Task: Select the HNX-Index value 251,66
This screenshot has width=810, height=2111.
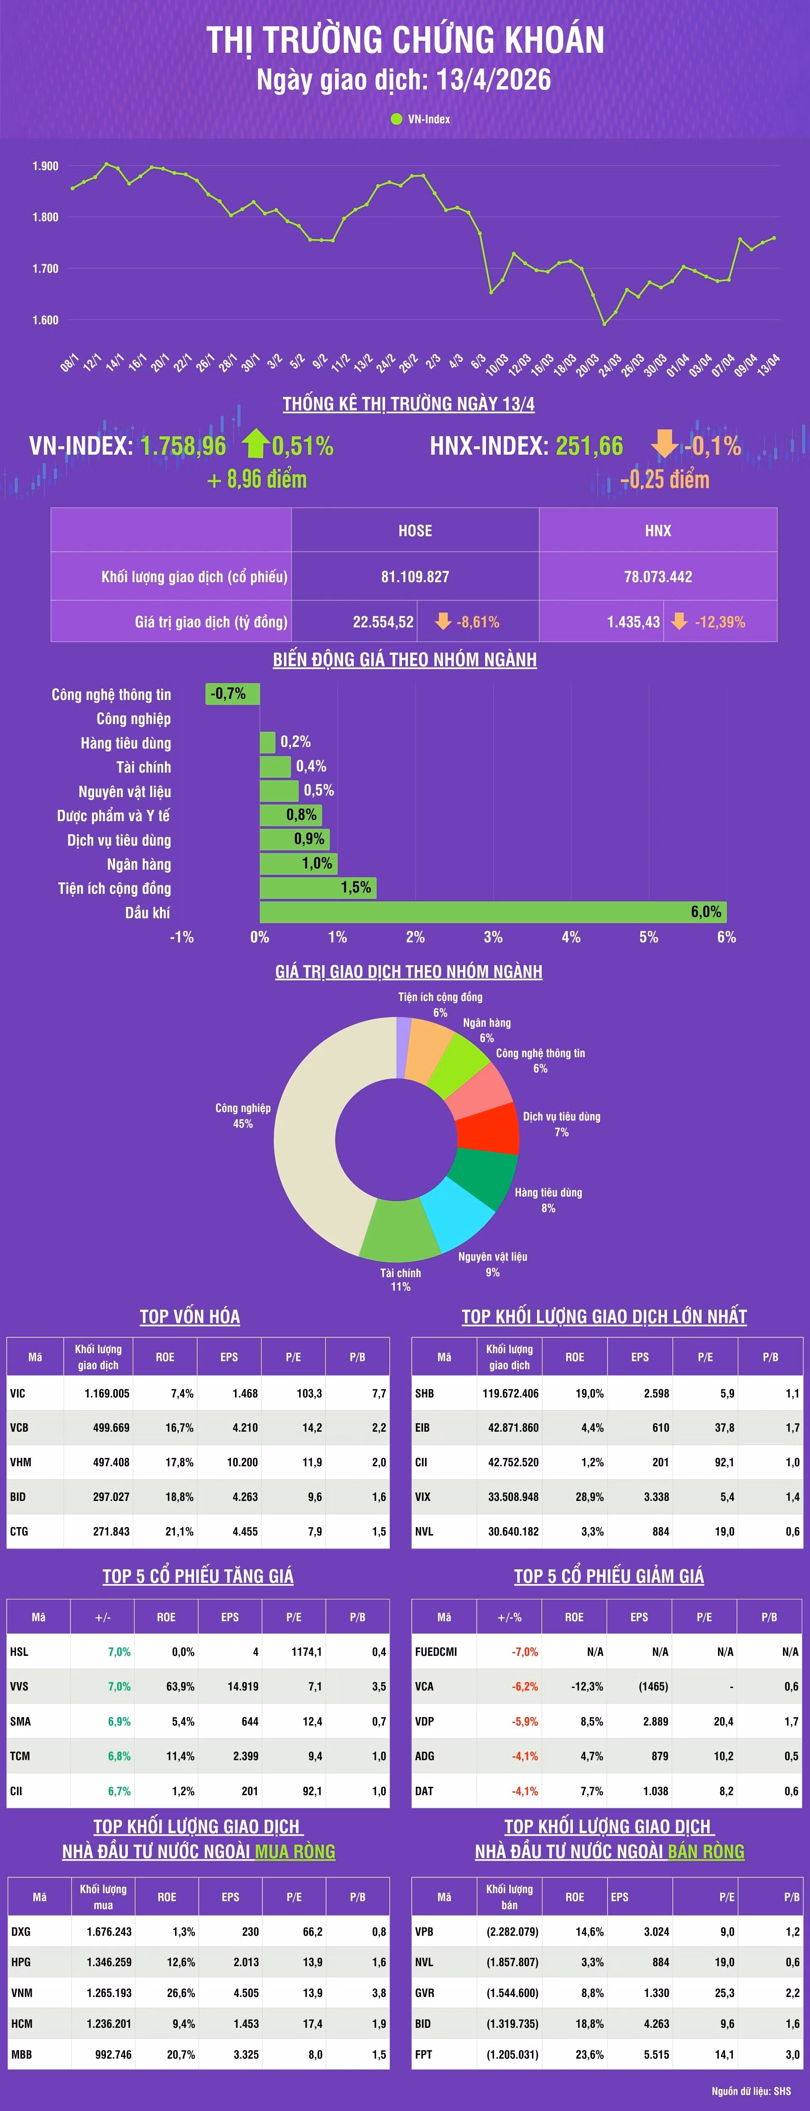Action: tap(589, 446)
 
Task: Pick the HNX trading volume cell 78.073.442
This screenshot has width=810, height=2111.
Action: tap(658, 577)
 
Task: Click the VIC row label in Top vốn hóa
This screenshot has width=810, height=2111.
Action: tap(18, 1393)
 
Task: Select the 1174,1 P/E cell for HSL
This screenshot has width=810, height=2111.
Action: tap(306, 1651)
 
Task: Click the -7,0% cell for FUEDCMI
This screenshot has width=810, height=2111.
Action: tap(524, 1651)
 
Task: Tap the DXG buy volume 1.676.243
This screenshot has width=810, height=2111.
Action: tap(109, 1932)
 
